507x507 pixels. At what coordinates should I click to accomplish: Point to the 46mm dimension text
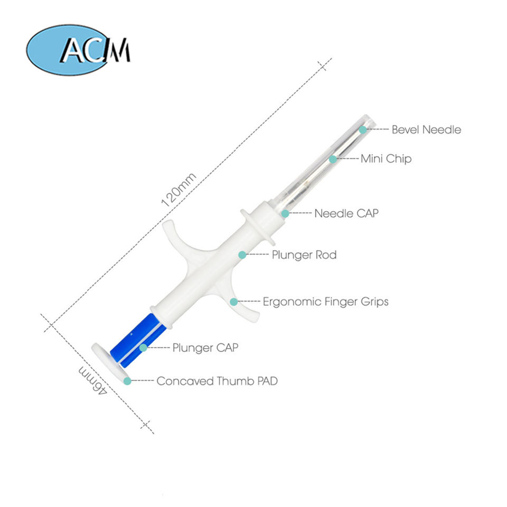pos(93,380)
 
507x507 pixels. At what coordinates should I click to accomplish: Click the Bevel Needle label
pos(426,129)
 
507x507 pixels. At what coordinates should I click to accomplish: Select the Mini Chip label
pos(386,158)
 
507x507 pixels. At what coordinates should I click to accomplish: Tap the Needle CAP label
pos(346,213)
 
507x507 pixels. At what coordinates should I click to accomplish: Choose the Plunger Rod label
pos(304,255)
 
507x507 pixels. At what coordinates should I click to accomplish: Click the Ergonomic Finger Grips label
pos(325,302)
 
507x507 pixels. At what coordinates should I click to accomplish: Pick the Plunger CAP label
pos(205,348)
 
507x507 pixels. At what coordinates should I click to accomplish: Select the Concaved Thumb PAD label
pos(217,381)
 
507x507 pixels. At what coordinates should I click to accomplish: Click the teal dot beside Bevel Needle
pos(363,129)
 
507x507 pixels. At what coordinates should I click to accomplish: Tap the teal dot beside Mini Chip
pos(333,158)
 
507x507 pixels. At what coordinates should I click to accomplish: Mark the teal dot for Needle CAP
pos(285,213)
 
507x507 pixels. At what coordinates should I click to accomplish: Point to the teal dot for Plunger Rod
pos(242,255)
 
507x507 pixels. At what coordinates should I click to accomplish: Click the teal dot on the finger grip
pos(233,302)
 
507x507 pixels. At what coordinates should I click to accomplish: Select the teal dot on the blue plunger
pos(144,348)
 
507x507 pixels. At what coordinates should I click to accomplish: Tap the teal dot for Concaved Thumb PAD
pos(127,381)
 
